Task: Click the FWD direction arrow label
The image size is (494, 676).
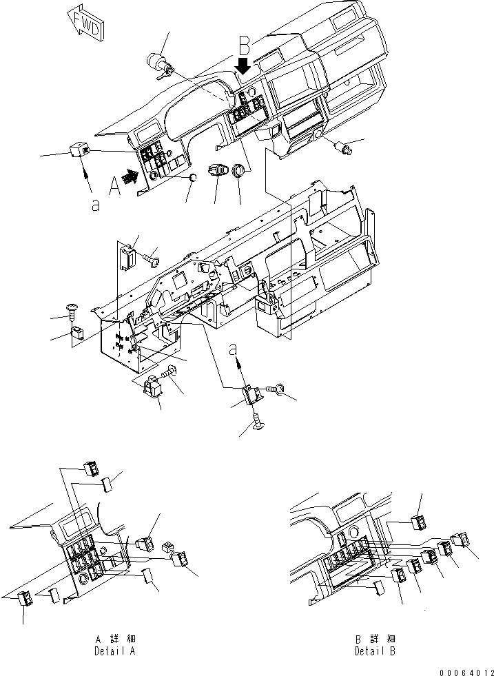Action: (x=85, y=22)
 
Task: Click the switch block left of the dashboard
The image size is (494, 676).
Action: (x=79, y=150)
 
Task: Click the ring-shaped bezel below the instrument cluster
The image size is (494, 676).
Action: (x=239, y=170)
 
